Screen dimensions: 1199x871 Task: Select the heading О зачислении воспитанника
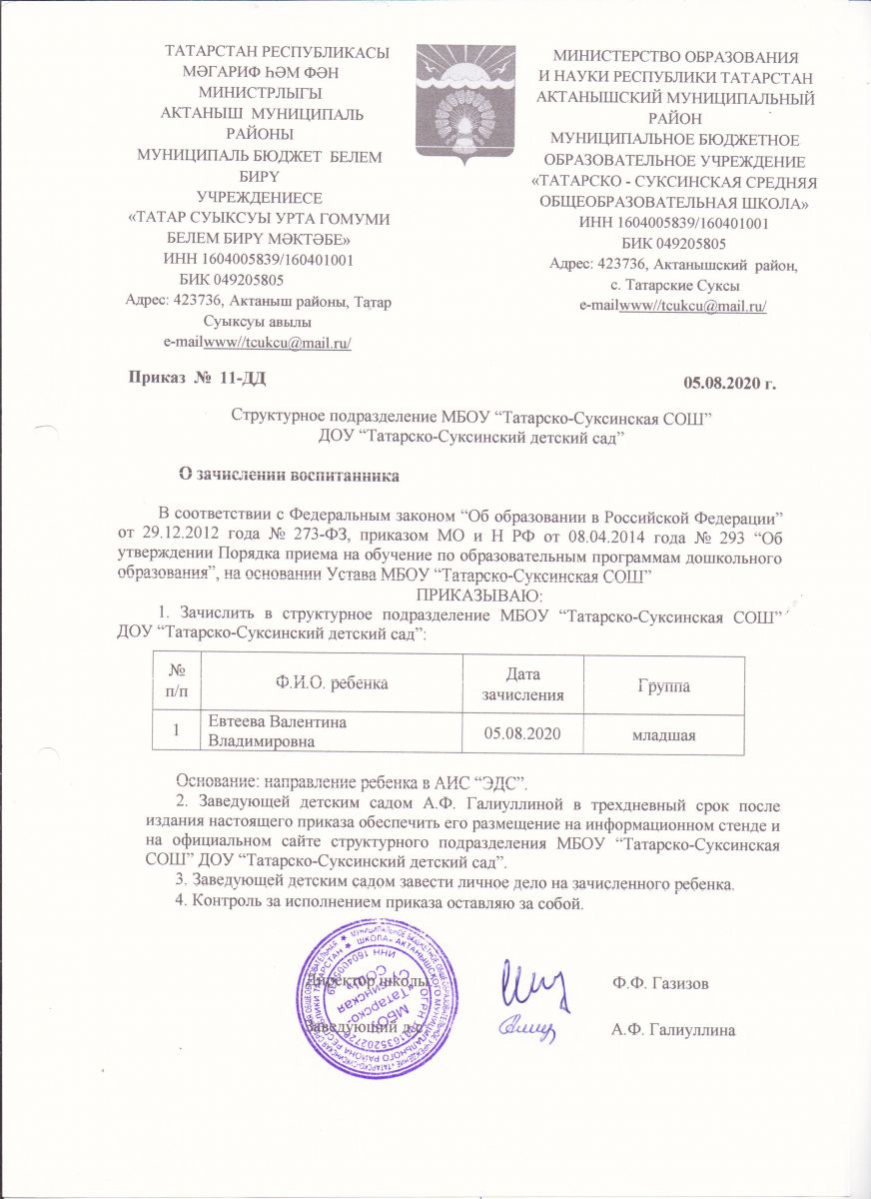[x=288, y=473]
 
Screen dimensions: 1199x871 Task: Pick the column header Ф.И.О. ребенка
[x=331, y=683]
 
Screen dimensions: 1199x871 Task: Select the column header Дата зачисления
[x=519, y=684]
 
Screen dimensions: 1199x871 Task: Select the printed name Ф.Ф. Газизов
[x=662, y=983]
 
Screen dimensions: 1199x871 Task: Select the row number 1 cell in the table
[x=179, y=732]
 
